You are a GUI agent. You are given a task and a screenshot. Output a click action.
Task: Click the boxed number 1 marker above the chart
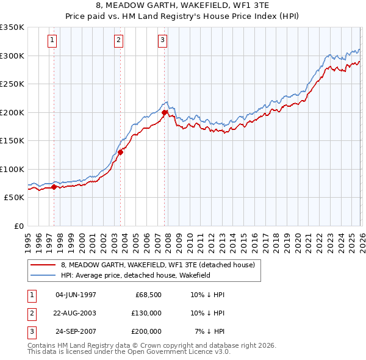[52, 41]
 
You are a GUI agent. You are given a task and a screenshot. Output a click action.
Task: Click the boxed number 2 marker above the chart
[118, 41]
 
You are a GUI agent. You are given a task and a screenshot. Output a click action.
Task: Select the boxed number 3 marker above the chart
[163, 41]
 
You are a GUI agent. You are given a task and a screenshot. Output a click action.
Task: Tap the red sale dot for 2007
[165, 112]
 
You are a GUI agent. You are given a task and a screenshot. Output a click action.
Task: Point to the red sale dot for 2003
[121, 152]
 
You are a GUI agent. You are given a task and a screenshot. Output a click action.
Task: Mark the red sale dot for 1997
[54, 187]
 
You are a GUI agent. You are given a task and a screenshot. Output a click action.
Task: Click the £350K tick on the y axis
[12, 27]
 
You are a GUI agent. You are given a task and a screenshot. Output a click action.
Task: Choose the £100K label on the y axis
[12, 169]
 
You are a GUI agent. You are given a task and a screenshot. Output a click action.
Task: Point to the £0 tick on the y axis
[18, 226]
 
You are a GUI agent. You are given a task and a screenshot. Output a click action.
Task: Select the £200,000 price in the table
[146, 331]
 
